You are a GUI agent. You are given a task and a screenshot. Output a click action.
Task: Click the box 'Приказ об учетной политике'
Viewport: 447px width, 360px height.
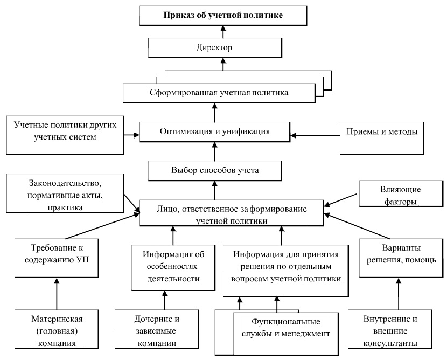tap(223, 16)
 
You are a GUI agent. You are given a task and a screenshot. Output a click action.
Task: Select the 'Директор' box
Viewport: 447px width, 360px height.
tap(215, 48)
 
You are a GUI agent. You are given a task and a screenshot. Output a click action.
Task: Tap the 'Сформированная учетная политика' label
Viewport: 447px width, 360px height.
tap(219, 93)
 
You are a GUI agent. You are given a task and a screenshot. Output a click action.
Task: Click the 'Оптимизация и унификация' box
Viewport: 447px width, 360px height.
tap(215, 132)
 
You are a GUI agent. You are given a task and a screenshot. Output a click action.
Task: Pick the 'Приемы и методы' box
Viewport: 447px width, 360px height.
tap(381, 138)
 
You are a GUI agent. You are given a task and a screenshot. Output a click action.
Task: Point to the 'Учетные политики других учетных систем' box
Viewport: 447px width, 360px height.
tap(65, 135)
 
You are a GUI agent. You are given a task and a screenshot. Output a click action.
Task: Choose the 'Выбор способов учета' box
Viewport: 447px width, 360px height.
tap(215, 171)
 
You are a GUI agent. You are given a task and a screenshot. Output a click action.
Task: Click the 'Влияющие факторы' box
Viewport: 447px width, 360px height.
tap(401, 193)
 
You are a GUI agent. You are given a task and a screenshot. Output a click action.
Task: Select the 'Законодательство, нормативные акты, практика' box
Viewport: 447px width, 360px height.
tap(65, 193)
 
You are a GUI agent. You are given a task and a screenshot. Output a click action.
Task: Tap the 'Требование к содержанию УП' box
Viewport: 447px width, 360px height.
tap(57, 258)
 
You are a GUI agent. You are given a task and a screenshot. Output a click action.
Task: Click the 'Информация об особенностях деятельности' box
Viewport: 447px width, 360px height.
tap(173, 268)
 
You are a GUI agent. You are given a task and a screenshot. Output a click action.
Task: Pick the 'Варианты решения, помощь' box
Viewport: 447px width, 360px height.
tap(401, 258)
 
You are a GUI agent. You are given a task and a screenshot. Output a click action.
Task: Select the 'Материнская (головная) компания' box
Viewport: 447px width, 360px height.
tap(57, 329)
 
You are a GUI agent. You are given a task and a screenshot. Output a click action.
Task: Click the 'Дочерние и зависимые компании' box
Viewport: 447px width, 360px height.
tap(157, 329)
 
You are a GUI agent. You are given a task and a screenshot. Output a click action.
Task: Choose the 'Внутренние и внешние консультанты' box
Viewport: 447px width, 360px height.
tap(390, 329)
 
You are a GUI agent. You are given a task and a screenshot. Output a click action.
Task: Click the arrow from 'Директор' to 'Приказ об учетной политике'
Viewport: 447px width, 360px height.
tap(223, 32)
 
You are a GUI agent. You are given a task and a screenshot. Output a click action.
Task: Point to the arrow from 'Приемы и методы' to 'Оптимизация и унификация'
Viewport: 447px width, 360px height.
tap(315, 135)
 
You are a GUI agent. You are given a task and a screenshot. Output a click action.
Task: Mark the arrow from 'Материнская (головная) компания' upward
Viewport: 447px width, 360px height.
tap(57, 294)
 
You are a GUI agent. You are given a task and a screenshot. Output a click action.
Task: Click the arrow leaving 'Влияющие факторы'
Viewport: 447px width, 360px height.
tap(341, 200)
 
